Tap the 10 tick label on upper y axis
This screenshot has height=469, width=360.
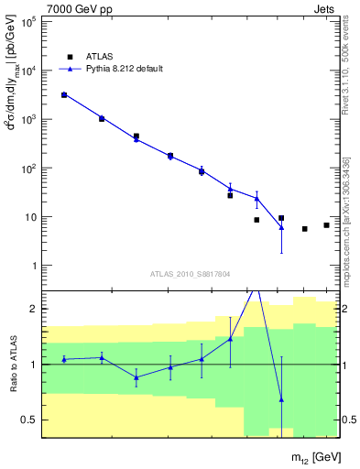pyautogui.click(x=29, y=217)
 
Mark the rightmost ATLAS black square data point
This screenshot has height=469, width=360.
pyautogui.click(x=326, y=225)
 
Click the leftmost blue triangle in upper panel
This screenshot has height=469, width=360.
pyautogui.click(x=64, y=94)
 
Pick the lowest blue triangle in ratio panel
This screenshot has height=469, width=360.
pyautogui.click(x=281, y=399)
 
